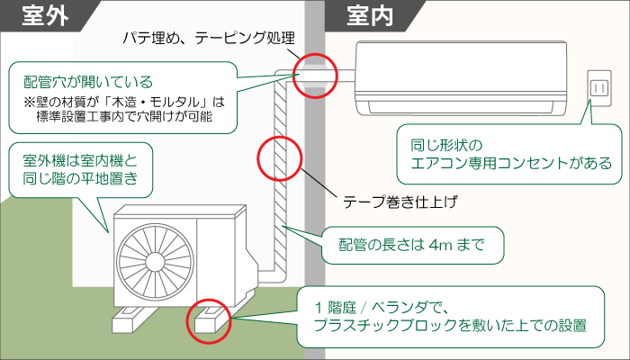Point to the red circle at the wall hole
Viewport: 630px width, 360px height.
click(x=316, y=74)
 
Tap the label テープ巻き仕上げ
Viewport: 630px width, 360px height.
click(x=395, y=201)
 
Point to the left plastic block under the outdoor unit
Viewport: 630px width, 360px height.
click(x=134, y=319)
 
